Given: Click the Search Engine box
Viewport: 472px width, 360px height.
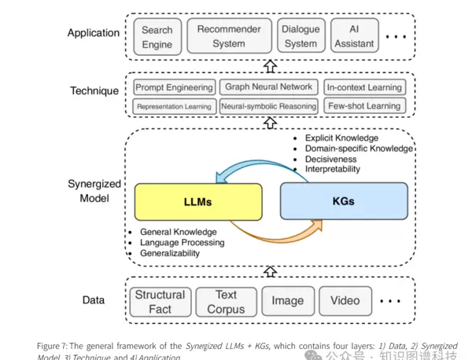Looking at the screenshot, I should pyautogui.click(x=157, y=37).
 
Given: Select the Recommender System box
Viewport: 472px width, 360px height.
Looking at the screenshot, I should pyautogui.click(x=229, y=36).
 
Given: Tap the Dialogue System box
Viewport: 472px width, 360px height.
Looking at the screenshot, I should pyautogui.click(x=301, y=36).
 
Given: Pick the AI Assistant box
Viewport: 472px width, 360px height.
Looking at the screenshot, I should pyautogui.click(x=354, y=36).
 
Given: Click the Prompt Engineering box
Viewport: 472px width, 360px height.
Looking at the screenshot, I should pyautogui.click(x=174, y=88).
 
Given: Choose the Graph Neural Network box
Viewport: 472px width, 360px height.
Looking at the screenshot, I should pyautogui.click(x=268, y=87).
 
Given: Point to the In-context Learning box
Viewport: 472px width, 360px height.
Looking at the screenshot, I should pyautogui.click(x=363, y=88).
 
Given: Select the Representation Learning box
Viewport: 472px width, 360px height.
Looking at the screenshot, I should pyautogui.click(x=174, y=106).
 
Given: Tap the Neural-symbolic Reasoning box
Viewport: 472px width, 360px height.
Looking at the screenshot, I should pyautogui.click(x=268, y=106).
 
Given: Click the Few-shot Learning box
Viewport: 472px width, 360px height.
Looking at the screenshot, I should pyautogui.click(x=363, y=106).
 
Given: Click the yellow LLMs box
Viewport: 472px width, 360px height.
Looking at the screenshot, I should pyautogui.click(x=198, y=201).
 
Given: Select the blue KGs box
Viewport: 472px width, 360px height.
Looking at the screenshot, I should pyautogui.click(x=343, y=201).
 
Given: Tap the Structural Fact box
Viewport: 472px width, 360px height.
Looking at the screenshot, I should pyautogui.click(x=160, y=302).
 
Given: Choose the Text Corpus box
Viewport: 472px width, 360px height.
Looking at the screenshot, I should pyautogui.click(x=226, y=302).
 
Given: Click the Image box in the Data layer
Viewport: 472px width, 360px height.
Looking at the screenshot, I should pyautogui.click(x=287, y=301).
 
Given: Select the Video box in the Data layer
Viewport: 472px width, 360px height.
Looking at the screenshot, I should pyautogui.click(x=345, y=301).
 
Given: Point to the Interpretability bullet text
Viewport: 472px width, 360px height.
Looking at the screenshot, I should pyautogui.click(x=333, y=169).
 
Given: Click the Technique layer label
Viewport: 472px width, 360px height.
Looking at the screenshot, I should pyautogui.click(x=94, y=91).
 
